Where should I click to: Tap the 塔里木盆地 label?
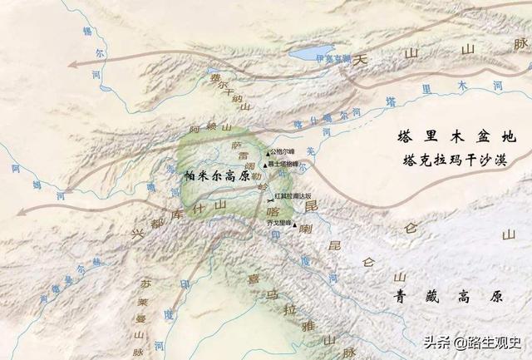pos(456,136)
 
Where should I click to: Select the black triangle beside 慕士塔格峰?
pos(266,164)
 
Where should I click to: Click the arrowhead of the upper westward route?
pos(73,63)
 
